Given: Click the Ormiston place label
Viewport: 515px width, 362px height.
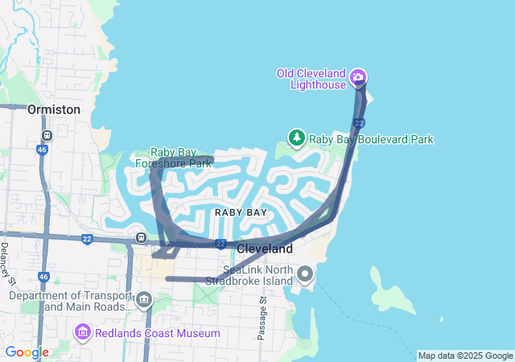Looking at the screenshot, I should click(54, 109).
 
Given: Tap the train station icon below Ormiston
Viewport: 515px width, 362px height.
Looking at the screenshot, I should click(47, 135).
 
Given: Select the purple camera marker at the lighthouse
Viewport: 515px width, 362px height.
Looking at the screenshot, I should click(358, 78).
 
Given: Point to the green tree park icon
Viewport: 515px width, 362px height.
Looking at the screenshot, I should click(297, 138).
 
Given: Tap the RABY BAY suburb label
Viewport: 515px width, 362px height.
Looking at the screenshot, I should click(241, 212).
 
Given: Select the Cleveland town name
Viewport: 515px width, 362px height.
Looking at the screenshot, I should click(265, 249).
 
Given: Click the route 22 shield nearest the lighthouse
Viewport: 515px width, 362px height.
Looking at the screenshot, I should click(360, 122).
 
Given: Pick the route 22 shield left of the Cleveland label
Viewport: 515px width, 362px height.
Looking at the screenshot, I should click(220, 243).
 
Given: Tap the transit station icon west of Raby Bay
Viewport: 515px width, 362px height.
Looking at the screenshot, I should click(142, 237).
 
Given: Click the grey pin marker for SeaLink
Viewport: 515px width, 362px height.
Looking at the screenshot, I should click(305, 275).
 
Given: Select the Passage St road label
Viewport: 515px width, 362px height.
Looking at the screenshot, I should click(262, 318).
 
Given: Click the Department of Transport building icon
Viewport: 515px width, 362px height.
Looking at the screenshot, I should click(144, 301).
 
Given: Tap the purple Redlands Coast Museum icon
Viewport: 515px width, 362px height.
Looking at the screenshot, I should click(82, 332).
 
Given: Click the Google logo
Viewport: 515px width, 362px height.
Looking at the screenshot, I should click(27, 352).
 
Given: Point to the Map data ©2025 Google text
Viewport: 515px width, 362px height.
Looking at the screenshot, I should click(465, 356).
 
